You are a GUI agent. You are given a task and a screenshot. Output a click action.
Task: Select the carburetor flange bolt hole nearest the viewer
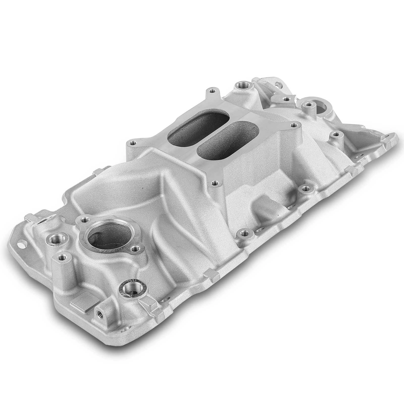click(215, 182)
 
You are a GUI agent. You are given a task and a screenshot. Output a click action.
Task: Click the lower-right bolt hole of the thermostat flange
click(135, 250)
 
